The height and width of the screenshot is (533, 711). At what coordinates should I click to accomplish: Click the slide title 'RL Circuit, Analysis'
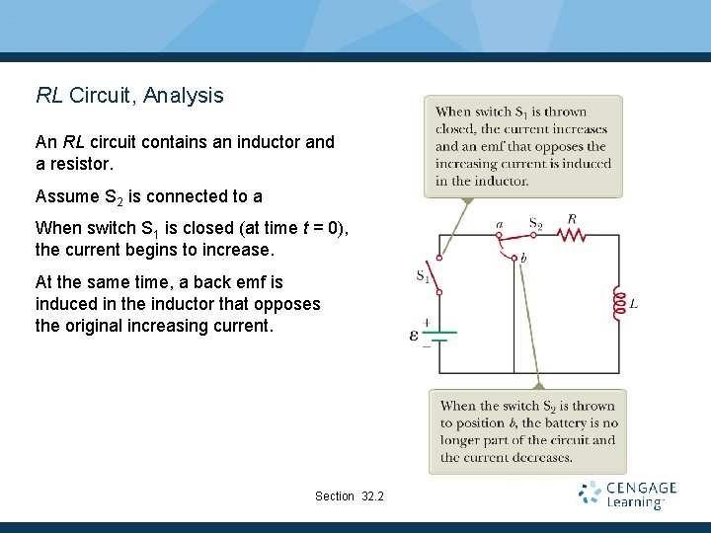pyautogui.click(x=129, y=96)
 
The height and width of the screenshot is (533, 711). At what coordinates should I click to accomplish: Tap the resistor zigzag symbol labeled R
pyautogui.click(x=572, y=235)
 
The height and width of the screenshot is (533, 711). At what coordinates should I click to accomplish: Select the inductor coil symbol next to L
pyautogui.click(x=619, y=304)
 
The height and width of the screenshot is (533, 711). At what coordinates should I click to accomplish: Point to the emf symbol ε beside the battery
pyautogui.click(x=414, y=336)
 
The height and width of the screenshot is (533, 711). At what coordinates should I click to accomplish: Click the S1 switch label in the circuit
pyautogui.click(x=423, y=276)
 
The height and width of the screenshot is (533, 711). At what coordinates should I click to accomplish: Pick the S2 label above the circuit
pyautogui.click(x=535, y=224)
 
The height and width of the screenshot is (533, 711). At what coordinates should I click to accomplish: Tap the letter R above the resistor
pyautogui.click(x=572, y=219)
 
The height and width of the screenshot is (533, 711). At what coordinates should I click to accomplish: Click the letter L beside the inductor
pyautogui.click(x=634, y=304)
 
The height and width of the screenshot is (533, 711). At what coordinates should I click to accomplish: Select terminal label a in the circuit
pyautogui.click(x=499, y=224)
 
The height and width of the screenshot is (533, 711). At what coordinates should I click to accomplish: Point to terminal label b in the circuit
pyautogui.click(x=522, y=259)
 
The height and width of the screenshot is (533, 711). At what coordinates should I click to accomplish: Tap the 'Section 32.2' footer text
pyautogui.click(x=349, y=495)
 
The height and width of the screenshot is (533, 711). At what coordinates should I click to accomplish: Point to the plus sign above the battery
pyautogui.click(x=426, y=322)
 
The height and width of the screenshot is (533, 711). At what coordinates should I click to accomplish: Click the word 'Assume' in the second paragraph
pyautogui.click(x=66, y=195)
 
